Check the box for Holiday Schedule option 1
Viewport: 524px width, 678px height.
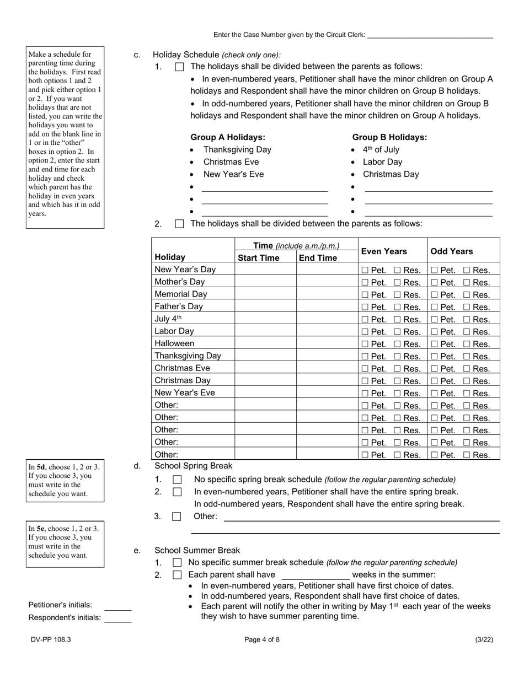[x=179, y=67]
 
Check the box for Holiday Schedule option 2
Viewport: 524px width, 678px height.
[x=179, y=224]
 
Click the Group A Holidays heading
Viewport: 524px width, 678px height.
[x=228, y=137]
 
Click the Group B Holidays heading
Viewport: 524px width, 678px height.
[x=389, y=137]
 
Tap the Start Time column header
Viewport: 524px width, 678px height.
[x=259, y=258]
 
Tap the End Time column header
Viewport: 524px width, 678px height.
[x=318, y=258]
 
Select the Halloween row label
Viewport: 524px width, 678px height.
[x=174, y=343]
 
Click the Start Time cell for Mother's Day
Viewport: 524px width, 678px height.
[x=265, y=282]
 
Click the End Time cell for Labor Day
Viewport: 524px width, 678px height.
[x=327, y=331]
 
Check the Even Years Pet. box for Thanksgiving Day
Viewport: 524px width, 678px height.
[x=365, y=357]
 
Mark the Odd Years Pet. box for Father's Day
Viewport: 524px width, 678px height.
[x=435, y=307]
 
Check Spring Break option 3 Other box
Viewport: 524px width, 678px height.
[x=177, y=516]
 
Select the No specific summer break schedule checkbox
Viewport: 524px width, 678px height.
[x=177, y=563]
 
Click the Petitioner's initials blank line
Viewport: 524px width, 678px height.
[x=118, y=606]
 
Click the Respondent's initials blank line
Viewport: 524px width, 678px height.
[x=118, y=618]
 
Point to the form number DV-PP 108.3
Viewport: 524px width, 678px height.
[x=51, y=640]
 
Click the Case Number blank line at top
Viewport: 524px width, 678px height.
[x=430, y=36]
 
